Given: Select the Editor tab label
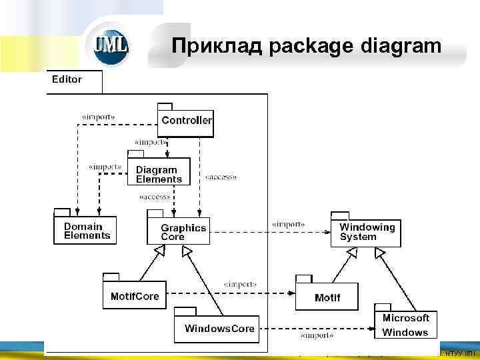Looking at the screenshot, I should [67, 79].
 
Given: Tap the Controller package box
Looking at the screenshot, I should [187, 121].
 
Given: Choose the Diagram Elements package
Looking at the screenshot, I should [159, 174].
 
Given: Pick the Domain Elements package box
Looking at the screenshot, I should [85, 231].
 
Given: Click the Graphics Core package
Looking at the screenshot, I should [178, 231].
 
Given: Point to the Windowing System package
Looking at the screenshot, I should [367, 232].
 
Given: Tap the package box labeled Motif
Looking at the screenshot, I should [327, 297].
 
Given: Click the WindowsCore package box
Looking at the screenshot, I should [219, 328].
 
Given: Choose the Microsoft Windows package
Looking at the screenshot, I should [405, 325].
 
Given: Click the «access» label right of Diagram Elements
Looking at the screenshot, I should [221, 177].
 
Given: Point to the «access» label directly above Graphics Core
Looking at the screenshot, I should [153, 197].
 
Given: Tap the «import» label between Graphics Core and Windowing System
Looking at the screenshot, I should [288, 225].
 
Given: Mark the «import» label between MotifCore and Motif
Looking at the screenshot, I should [240, 283].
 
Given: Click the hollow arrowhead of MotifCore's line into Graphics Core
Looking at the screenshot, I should [159, 250].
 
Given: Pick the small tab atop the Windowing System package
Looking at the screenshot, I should [340, 216].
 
